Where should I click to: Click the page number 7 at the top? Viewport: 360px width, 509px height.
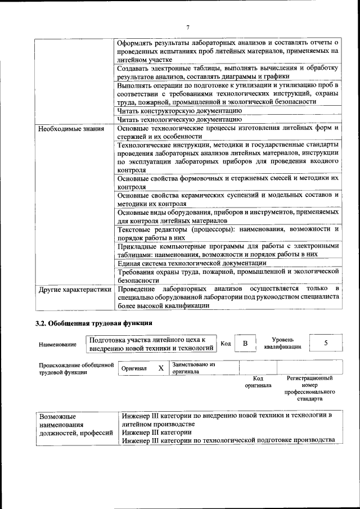tap(188, 27)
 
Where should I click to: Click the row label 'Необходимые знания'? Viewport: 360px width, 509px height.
tap(71, 129)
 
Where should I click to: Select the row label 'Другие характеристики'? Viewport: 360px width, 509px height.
tap(74, 289)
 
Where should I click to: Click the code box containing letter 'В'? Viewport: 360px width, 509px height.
tap(245, 344)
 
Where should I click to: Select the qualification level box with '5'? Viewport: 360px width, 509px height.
tap(326, 343)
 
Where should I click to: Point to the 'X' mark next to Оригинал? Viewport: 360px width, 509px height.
tap(161, 368)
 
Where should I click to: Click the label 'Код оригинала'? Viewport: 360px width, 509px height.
tap(258, 382)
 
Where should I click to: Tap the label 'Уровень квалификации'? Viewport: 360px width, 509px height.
tap(282, 344)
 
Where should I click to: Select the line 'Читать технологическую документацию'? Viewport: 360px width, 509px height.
tap(179, 119)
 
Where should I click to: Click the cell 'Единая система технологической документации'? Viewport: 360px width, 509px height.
tap(191, 263)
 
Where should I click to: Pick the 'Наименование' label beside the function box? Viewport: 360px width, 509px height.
tap(57, 344)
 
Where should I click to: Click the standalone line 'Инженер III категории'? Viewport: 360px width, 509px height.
tap(156, 432)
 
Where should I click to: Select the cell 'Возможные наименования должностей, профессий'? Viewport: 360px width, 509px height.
tap(75, 425)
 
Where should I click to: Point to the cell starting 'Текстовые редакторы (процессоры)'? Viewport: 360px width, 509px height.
tap(228, 233)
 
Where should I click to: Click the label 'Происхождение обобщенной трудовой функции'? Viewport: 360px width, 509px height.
tap(73, 368)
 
